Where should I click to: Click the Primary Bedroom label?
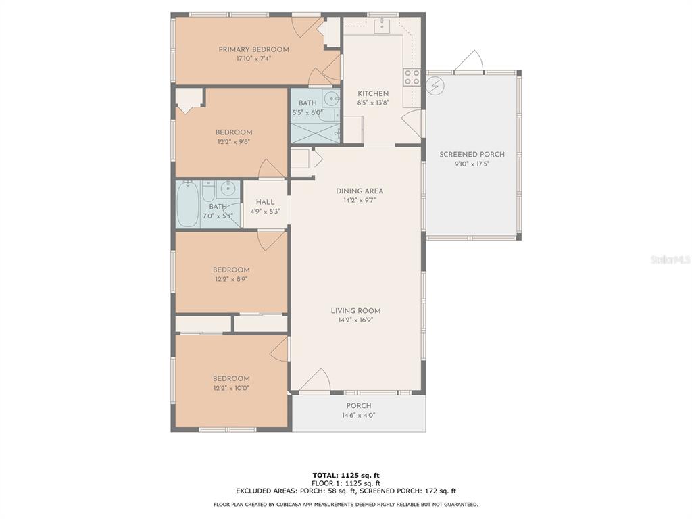click(x=254, y=49)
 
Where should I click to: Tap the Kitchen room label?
click(x=373, y=93)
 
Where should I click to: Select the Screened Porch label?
click(x=472, y=155)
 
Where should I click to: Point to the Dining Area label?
click(x=360, y=191)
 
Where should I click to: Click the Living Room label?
click(x=355, y=311)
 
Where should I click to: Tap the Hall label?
click(x=265, y=202)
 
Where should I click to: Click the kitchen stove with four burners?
click(x=412, y=77)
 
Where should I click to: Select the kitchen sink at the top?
click(x=382, y=26)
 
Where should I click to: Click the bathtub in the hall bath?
click(x=188, y=204)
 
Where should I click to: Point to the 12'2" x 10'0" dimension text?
click(x=231, y=389)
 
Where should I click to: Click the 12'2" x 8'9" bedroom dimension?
click(x=231, y=279)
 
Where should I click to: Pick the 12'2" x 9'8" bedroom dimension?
click(x=234, y=142)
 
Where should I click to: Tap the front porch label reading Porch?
click(x=359, y=406)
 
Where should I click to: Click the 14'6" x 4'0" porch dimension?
click(x=359, y=416)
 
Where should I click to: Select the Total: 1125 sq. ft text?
click(x=346, y=475)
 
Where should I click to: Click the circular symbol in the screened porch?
click(x=436, y=85)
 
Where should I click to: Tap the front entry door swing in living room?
click(x=316, y=380)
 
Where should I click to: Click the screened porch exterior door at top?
click(x=470, y=61)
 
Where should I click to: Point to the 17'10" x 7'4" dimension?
click(x=254, y=59)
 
